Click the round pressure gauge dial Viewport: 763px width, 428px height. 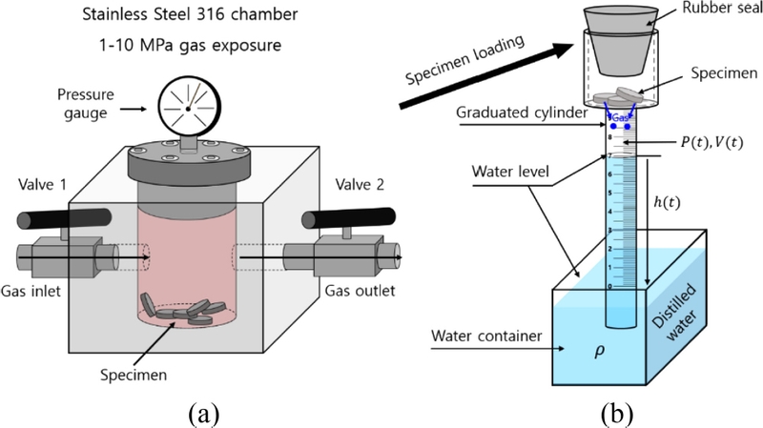(x=187, y=110)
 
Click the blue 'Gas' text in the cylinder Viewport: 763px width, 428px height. (x=624, y=114)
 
